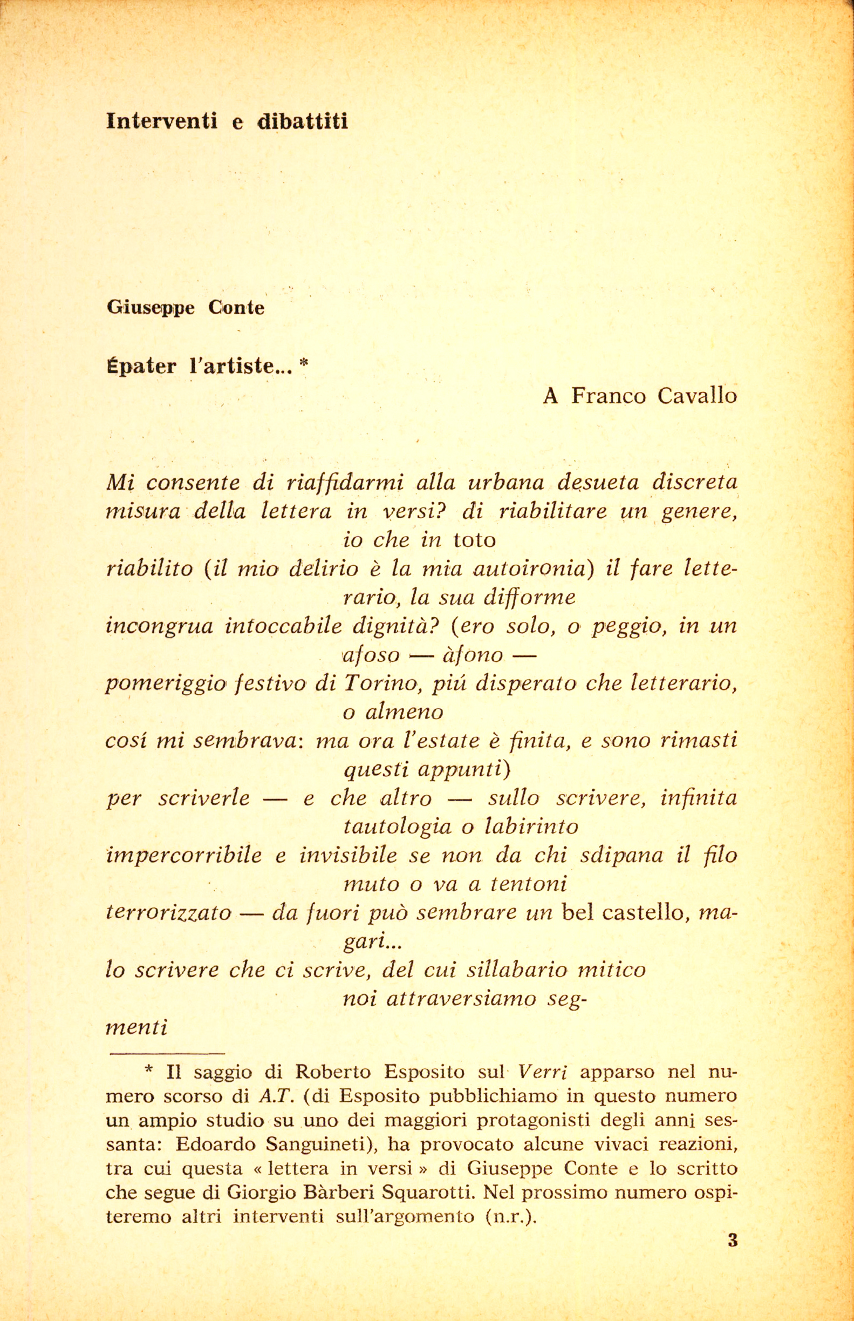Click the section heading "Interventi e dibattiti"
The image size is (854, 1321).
[x=227, y=120]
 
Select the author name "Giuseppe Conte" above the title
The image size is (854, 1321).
[x=186, y=307]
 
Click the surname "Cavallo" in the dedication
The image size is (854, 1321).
[x=697, y=396]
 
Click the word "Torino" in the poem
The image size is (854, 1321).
[x=379, y=683]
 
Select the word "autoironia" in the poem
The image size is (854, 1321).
[x=531, y=568]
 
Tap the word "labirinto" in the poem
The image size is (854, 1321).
[x=531, y=827]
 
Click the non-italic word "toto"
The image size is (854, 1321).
[x=474, y=540]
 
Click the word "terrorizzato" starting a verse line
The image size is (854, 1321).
[x=168, y=913]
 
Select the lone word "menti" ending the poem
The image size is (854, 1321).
[x=136, y=1027]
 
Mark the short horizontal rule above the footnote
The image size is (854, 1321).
[x=167, y=1053]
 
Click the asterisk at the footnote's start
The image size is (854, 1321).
[x=148, y=1071]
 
